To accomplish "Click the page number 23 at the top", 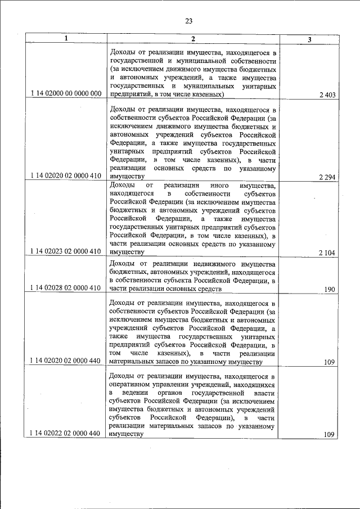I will [189, 21].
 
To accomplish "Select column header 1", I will [66, 38].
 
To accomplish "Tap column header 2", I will [193, 38].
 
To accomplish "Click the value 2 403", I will [327, 96].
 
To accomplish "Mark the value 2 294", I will [327, 177].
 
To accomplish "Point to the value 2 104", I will [327, 253].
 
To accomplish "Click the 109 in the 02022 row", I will [330, 434].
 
